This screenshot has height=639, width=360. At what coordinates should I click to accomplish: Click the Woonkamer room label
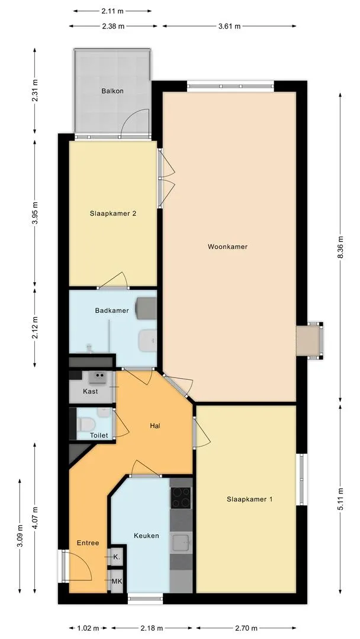pyautogui.click(x=227, y=247)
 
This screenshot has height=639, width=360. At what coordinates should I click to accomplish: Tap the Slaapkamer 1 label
pyautogui.click(x=249, y=499)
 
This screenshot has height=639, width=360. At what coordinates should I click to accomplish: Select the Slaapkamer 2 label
pyautogui.click(x=113, y=214)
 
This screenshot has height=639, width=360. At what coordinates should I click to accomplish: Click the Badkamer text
pyautogui.click(x=112, y=310)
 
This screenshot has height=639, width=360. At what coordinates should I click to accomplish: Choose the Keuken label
pyautogui.click(x=146, y=535)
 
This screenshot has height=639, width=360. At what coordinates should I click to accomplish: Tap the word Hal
pyautogui.click(x=155, y=425)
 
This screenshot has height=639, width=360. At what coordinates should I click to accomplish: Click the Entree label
pyautogui.click(x=88, y=543)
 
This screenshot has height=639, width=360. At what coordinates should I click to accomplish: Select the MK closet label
pyautogui.click(x=117, y=581)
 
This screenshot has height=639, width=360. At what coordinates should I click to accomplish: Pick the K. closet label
pyautogui.click(x=117, y=557)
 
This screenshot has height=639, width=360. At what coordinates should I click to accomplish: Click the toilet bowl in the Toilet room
pyautogui.click(x=87, y=424)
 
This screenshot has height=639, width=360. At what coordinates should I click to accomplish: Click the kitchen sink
pyautogui.click(x=181, y=541)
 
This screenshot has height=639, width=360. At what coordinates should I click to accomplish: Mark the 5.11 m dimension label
pyautogui.click(x=340, y=499)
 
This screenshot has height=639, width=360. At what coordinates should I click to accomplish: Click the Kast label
pyautogui.click(x=90, y=392)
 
